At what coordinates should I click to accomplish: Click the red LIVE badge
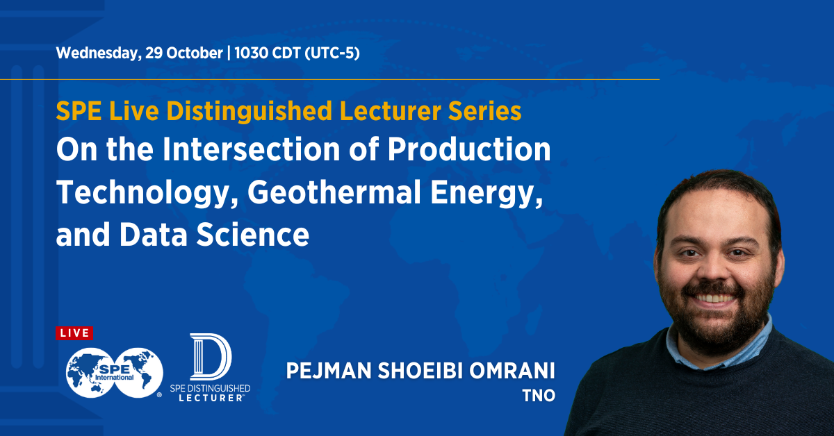tap(74, 333)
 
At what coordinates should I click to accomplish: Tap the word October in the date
tap(194, 54)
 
